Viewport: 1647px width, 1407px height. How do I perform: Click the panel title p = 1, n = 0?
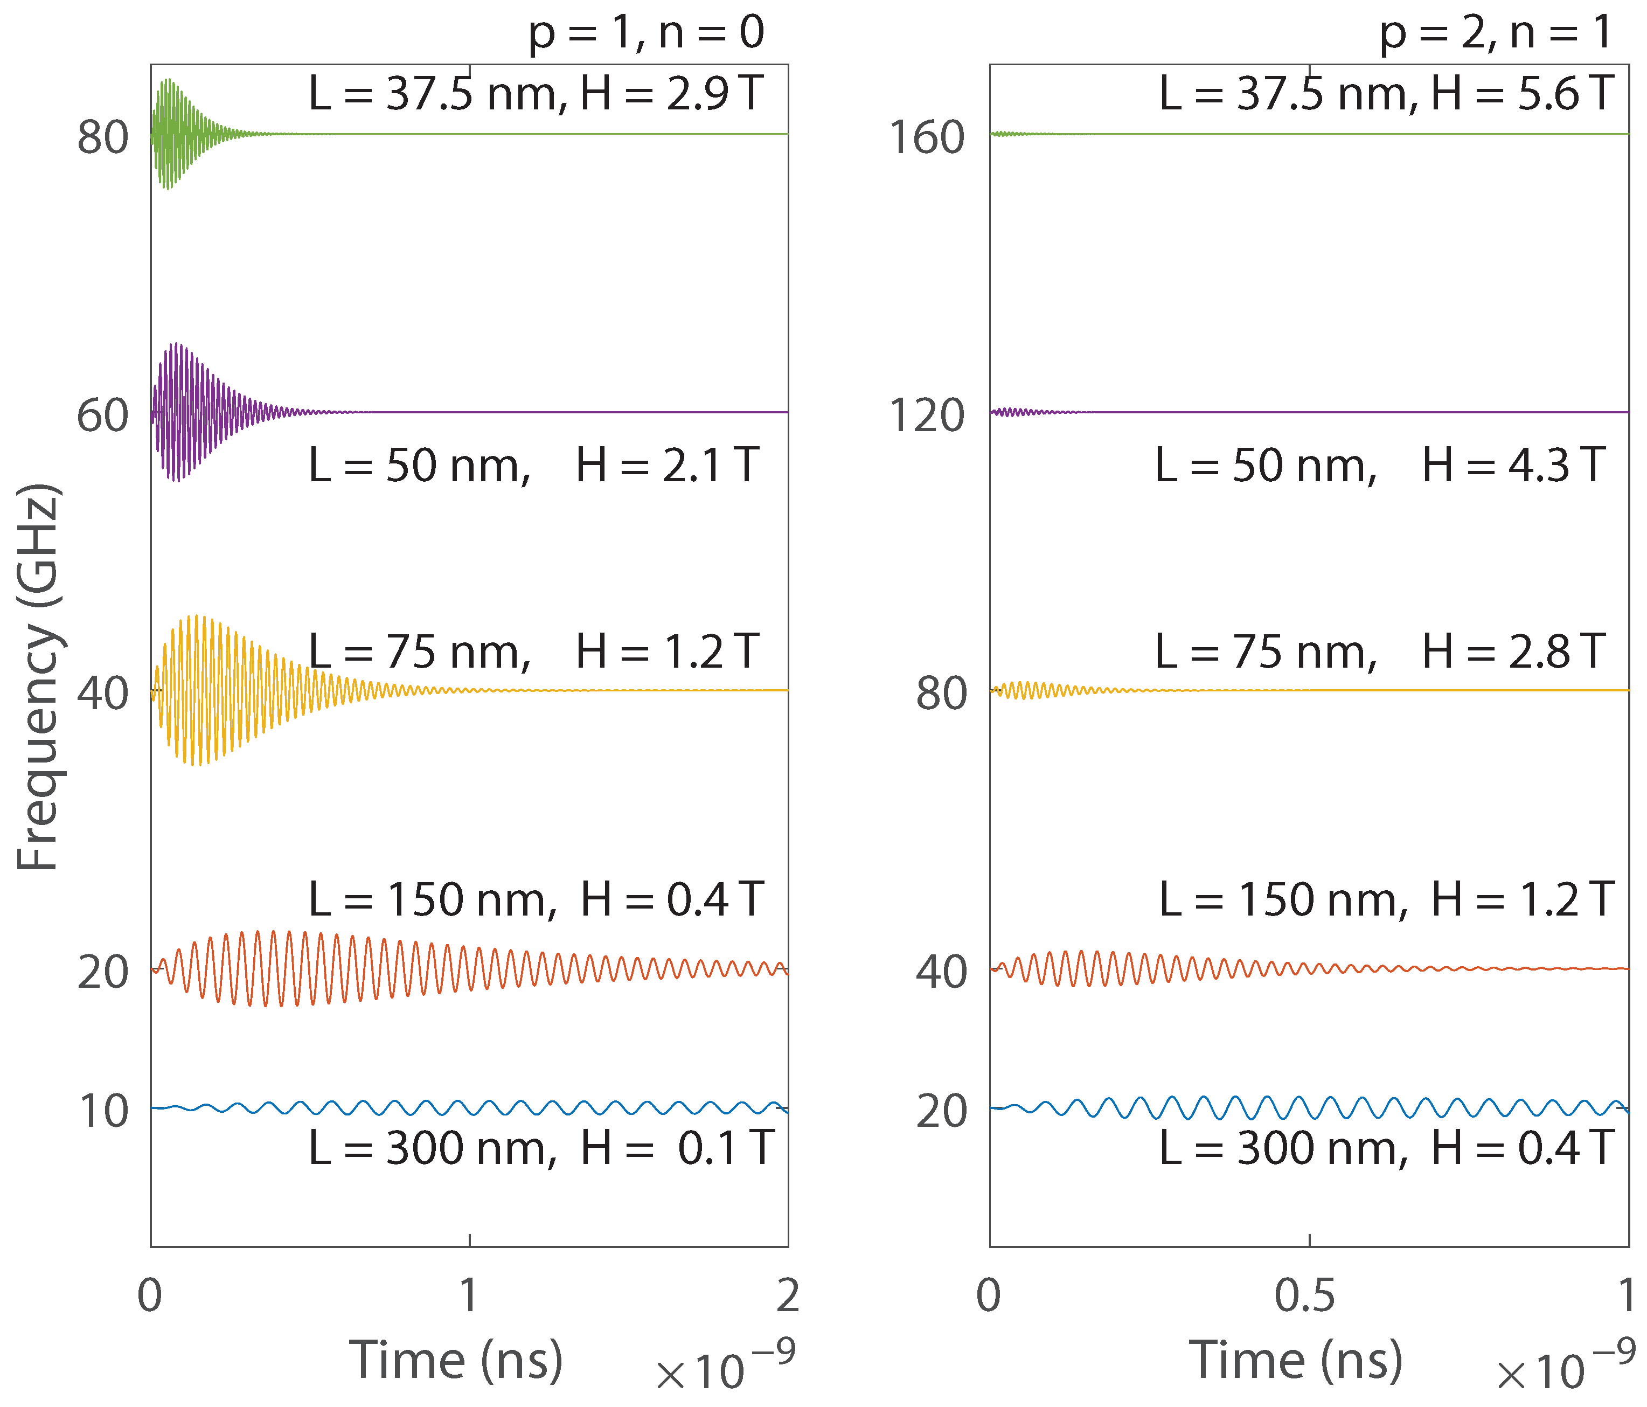pos(645,33)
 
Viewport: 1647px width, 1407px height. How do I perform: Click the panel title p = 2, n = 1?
pos(1495,33)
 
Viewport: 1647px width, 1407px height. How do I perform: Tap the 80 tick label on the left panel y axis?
pos(102,137)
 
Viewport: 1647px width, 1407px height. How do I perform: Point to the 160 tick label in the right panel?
pos(926,137)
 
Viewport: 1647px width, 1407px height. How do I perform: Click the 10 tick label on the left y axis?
pos(102,1111)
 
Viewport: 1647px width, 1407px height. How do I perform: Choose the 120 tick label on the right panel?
pos(926,415)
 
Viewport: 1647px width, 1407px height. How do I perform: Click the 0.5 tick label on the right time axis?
pos(1304,1297)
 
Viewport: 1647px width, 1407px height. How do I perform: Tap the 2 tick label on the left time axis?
pos(787,1297)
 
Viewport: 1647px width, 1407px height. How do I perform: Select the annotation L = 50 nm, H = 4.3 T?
pos(1380,466)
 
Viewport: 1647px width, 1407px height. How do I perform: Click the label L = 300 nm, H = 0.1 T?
pos(540,1149)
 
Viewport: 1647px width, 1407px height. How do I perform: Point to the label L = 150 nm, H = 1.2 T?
pos(1386,900)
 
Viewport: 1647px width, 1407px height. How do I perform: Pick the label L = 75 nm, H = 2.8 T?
pos(1380,652)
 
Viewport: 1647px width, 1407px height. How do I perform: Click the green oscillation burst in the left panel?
pos(169,134)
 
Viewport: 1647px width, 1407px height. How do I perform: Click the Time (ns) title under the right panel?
pos(1296,1360)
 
